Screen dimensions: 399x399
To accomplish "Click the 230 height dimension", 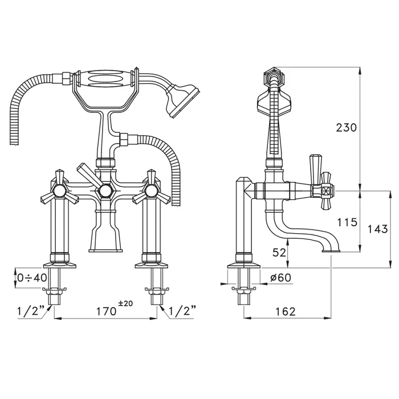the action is pyautogui.click(x=346, y=128).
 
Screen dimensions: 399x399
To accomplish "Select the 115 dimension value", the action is pyautogui.click(x=347, y=222).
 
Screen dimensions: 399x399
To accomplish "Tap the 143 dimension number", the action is pyautogui.click(x=377, y=229).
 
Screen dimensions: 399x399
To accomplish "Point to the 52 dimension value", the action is pyautogui.click(x=279, y=253).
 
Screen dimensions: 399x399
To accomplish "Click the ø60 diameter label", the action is pyautogui.click(x=280, y=278).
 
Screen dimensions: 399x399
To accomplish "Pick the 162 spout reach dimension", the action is pyautogui.click(x=286, y=311).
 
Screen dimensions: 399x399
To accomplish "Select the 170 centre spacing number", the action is pyautogui.click(x=106, y=311).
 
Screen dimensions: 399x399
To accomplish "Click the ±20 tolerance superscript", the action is pyautogui.click(x=126, y=303).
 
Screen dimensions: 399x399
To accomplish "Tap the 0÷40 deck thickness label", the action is pyautogui.click(x=32, y=278).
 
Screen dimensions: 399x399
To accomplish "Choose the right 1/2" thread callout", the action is pyautogui.click(x=182, y=311).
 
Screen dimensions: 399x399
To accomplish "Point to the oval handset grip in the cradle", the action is pyautogui.click(x=105, y=79).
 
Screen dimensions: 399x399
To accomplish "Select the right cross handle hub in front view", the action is pyautogui.click(x=150, y=190).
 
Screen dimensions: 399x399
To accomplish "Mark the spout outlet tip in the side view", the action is pyautogui.click(x=331, y=251).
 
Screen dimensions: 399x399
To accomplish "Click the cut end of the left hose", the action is pyautogui.click(x=15, y=144).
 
